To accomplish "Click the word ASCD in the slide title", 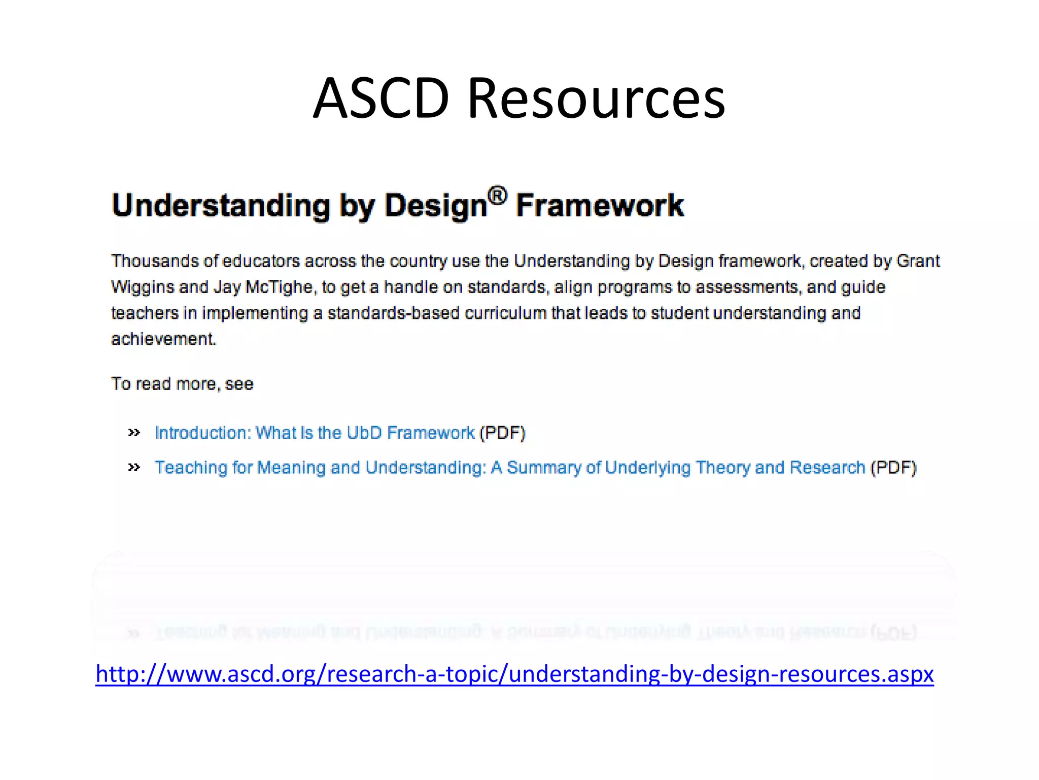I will [381, 98].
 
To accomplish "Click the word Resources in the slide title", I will [596, 98].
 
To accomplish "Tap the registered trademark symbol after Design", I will [497, 195].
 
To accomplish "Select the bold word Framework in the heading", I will [600, 206].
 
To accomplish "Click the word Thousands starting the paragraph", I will [155, 261].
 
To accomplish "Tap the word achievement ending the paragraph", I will [163, 339].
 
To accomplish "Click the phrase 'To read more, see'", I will [182, 384].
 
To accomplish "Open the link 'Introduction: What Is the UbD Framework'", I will [315, 433].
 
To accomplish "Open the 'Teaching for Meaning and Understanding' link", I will [509, 467].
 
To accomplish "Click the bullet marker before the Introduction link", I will [134, 433].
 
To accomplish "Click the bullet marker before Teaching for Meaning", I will [134, 467].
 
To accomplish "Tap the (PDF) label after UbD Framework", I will [502, 433].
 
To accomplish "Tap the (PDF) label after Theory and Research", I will [893, 467].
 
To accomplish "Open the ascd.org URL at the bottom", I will [514, 674].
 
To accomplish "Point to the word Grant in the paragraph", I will [918, 261].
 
